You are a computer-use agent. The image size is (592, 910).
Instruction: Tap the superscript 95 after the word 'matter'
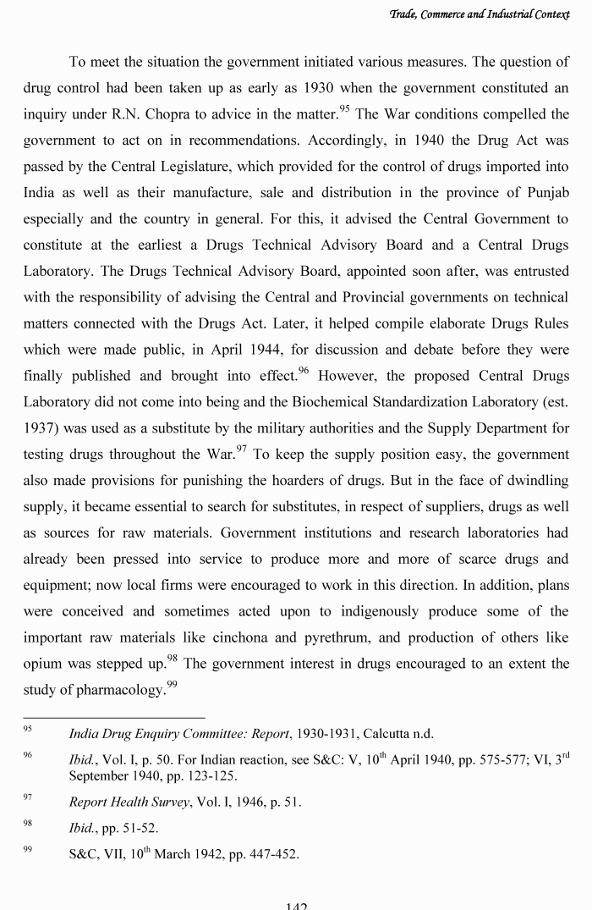344,108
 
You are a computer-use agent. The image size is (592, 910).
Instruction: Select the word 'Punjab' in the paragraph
541,192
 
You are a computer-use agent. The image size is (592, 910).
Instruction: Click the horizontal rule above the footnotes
113,717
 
